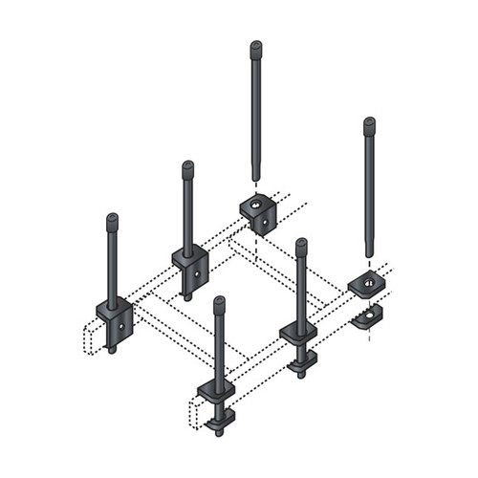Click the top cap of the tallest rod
[256, 45]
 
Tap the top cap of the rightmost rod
[369, 122]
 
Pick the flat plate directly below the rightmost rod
[366, 284]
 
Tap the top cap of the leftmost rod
[113, 218]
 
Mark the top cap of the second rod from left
[187, 166]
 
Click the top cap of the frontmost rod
[219, 302]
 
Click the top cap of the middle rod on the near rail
[300, 244]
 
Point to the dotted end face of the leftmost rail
[91, 338]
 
